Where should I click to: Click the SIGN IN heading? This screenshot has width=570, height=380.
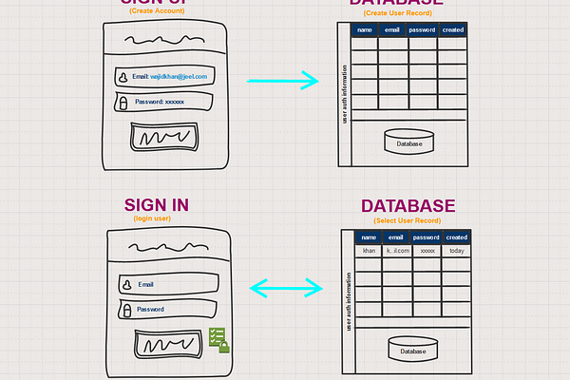pos(157,204)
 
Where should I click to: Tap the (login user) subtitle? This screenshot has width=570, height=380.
pos(153,218)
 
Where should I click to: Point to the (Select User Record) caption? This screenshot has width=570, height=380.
pos(407,220)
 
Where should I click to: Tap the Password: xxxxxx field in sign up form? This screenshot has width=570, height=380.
pos(161,101)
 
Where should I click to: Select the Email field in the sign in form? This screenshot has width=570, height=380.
pos(166,284)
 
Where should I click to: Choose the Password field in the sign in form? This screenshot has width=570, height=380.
pos(166,310)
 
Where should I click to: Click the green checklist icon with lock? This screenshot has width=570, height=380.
pos(218,339)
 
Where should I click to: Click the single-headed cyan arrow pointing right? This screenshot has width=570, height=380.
pos(282,82)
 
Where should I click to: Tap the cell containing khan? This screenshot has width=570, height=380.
pos(369,251)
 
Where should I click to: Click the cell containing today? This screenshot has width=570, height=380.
pos(457,251)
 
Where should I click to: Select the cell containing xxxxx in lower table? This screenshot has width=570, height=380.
pos(427,251)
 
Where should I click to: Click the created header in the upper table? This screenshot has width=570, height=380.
pos(453,30)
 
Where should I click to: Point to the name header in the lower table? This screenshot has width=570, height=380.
pos(369,237)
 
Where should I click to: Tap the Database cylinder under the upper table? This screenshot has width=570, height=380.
pos(409,142)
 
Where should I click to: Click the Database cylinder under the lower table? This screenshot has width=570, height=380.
pos(412,350)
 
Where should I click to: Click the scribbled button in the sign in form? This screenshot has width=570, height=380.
pos(169,343)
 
